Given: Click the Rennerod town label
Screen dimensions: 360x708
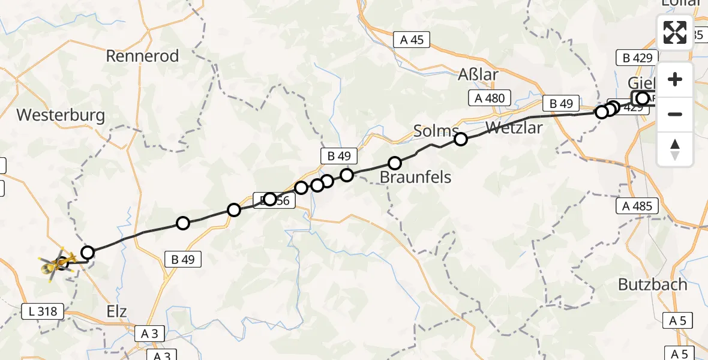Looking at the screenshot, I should pyautogui.click(x=142, y=56).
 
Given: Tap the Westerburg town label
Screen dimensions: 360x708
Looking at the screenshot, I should pyautogui.click(x=61, y=115).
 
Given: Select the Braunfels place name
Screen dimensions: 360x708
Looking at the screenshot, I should pyautogui.click(x=415, y=177).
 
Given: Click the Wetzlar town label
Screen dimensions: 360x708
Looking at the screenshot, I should pyautogui.click(x=514, y=128).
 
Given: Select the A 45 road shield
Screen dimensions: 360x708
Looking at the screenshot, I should pyautogui.click(x=412, y=40).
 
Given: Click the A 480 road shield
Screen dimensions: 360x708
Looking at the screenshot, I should pyautogui.click(x=490, y=98).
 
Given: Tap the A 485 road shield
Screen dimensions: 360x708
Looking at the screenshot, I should pyautogui.click(x=637, y=206).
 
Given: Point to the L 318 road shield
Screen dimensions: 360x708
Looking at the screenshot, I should pyautogui.click(x=43, y=311).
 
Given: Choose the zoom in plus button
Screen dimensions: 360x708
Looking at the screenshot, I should pyautogui.click(x=675, y=79).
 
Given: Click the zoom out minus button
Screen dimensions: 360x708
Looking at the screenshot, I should pyautogui.click(x=675, y=114).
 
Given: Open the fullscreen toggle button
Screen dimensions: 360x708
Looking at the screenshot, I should pyautogui.click(x=675, y=32).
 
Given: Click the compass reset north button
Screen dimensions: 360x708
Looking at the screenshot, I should pyautogui.click(x=675, y=149).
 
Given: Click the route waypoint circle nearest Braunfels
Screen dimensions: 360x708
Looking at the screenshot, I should pyautogui.click(x=395, y=163).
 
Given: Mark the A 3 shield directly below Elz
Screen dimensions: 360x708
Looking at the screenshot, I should pyautogui.click(x=149, y=333).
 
